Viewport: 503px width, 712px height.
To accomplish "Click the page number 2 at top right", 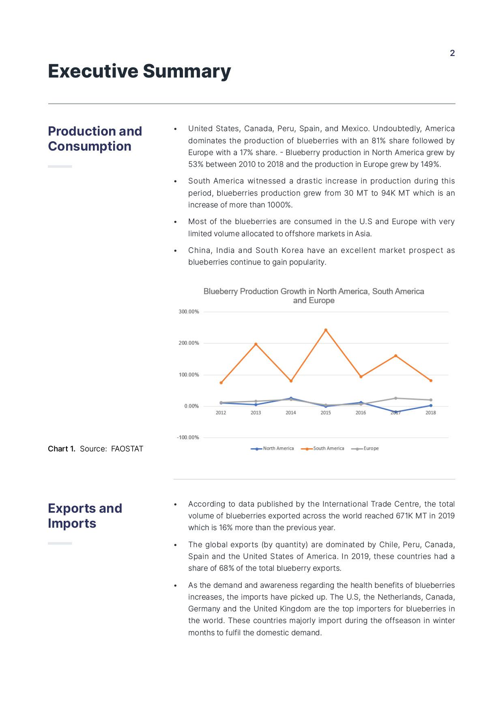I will [x=452, y=53].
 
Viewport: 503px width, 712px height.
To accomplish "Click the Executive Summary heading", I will [x=140, y=71].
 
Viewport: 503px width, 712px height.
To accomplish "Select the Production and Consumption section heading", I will [x=95, y=138].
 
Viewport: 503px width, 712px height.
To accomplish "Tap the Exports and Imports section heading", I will [x=85, y=516].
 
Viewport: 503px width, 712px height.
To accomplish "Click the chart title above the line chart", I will [x=314, y=296].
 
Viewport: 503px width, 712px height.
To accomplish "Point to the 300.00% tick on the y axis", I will [x=189, y=312].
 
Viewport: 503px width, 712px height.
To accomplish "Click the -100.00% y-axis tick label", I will [x=188, y=438].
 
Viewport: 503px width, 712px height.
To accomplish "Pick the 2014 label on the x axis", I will [x=290, y=413].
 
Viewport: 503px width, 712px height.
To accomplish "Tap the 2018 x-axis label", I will [x=430, y=413].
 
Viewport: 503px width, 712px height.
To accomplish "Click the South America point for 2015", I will [x=326, y=330].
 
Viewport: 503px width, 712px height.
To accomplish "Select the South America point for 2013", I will [x=256, y=344].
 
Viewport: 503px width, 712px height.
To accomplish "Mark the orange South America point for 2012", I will [x=221, y=383].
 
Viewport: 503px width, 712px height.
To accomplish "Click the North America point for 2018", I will [x=431, y=406].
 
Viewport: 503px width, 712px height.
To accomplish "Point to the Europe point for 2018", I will [x=431, y=400].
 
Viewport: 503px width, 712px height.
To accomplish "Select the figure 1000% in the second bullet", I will [x=279, y=205].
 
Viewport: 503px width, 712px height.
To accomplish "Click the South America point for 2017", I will [x=396, y=356].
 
